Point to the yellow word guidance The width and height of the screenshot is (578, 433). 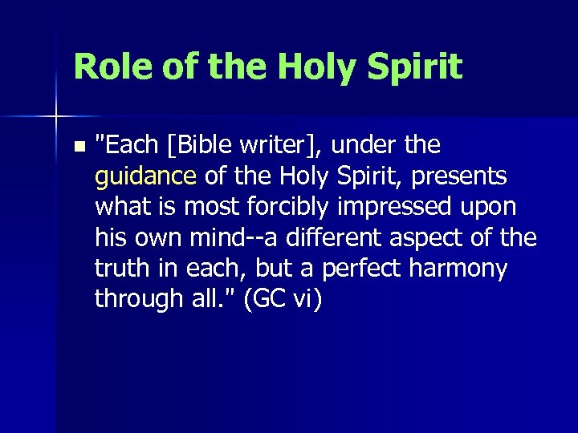pyautogui.click(x=145, y=176)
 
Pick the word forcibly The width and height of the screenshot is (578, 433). pyautogui.click(x=291, y=206)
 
